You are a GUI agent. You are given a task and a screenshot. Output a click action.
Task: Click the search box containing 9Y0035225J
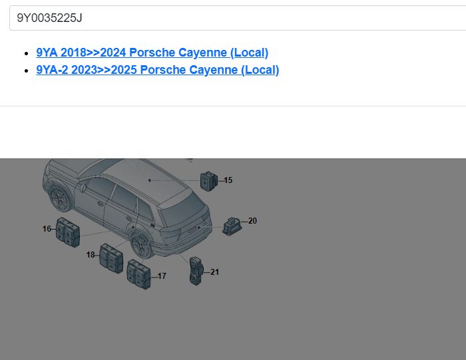tap(238, 18)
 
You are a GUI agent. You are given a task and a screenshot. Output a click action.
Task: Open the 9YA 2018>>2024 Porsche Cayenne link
tap(152, 53)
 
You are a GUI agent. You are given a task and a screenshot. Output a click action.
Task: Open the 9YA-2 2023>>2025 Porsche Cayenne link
tap(158, 70)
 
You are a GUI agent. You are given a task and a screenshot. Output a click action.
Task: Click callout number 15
tap(228, 180)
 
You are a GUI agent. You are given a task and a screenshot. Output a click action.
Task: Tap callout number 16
tap(47, 229)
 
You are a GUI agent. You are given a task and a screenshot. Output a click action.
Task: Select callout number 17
tap(162, 276)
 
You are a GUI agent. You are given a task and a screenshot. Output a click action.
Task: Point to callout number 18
tap(91, 255)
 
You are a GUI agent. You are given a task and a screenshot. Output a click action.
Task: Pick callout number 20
tap(252, 221)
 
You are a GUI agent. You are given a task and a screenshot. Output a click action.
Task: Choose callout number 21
tap(214, 272)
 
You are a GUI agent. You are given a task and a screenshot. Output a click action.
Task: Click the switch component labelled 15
tap(208, 181)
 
